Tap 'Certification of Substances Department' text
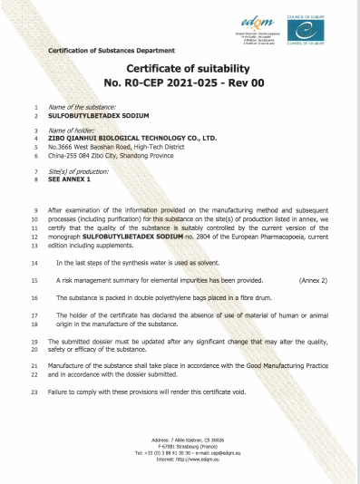[99, 50]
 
